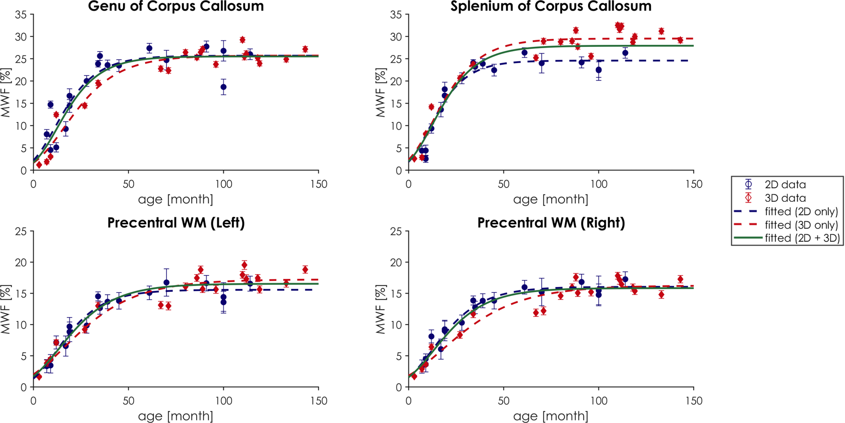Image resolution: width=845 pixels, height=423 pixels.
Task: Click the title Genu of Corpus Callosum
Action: click(x=176, y=6)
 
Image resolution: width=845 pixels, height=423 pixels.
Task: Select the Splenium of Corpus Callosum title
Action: click(x=551, y=6)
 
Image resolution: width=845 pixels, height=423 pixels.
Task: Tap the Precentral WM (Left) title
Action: click(x=176, y=223)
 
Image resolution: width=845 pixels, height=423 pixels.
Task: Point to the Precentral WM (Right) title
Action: click(x=551, y=223)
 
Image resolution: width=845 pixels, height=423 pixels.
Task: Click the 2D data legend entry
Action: click(x=785, y=185)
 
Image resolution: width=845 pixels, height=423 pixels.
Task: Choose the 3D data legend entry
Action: click(x=785, y=198)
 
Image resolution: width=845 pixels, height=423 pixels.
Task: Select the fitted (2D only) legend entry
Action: click(x=801, y=211)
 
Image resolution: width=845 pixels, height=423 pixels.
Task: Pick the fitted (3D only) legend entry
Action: click(x=801, y=225)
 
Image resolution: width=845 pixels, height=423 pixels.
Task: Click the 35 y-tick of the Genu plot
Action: click(x=21, y=14)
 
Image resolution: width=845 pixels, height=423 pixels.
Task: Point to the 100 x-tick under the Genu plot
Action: click(x=224, y=184)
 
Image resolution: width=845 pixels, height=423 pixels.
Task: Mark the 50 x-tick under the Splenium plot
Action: click(x=503, y=184)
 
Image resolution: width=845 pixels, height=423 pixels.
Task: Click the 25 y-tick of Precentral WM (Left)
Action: click(x=21, y=231)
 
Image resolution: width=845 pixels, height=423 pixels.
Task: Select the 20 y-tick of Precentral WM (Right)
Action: click(x=396, y=263)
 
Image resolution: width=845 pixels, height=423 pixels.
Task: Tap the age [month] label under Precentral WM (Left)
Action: click(x=175, y=416)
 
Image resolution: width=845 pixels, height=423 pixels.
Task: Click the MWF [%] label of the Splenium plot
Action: click(x=380, y=93)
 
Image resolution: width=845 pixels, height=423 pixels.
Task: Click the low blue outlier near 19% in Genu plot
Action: click(x=224, y=87)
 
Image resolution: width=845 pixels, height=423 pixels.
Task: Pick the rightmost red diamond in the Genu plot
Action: click(x=305, y=49)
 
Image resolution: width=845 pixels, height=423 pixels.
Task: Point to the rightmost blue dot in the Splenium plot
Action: click(x=625, y=53)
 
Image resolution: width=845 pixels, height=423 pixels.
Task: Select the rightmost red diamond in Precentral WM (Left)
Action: click(x=305, y=269)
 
